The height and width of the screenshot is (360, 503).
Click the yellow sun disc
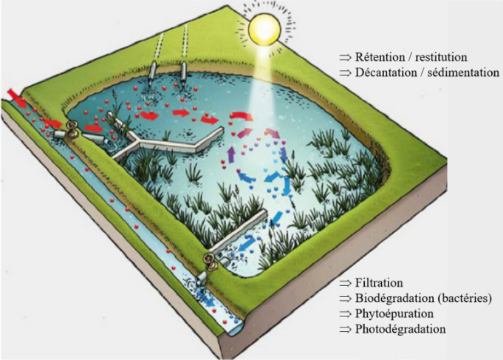tap(264, 30)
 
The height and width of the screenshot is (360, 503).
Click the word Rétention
tap(380, 57)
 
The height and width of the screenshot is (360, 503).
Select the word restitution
tap(441, 57)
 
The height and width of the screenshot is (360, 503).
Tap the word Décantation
tap(387, 72)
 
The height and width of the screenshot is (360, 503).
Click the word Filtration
tap(379, 283)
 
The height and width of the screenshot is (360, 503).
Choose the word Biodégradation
tap(394, 299)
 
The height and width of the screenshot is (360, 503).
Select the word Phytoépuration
tap(394, 313)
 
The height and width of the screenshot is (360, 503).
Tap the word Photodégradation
tap(400, 329)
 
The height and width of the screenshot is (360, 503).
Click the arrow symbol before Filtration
tap(346, 283)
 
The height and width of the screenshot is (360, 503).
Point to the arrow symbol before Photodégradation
tap(346, 330)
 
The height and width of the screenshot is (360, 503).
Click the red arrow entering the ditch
tap(17, 98)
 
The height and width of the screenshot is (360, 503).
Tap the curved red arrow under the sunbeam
tap(242, 115)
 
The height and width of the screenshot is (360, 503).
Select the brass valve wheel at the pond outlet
tap(211, 261)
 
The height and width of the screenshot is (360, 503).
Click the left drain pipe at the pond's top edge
tap(153, 72)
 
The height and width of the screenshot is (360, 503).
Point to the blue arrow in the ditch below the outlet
tap(205, 298)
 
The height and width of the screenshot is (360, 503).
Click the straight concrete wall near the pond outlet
tap(238, 230)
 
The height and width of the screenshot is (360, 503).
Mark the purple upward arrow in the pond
tap(231, 154)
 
